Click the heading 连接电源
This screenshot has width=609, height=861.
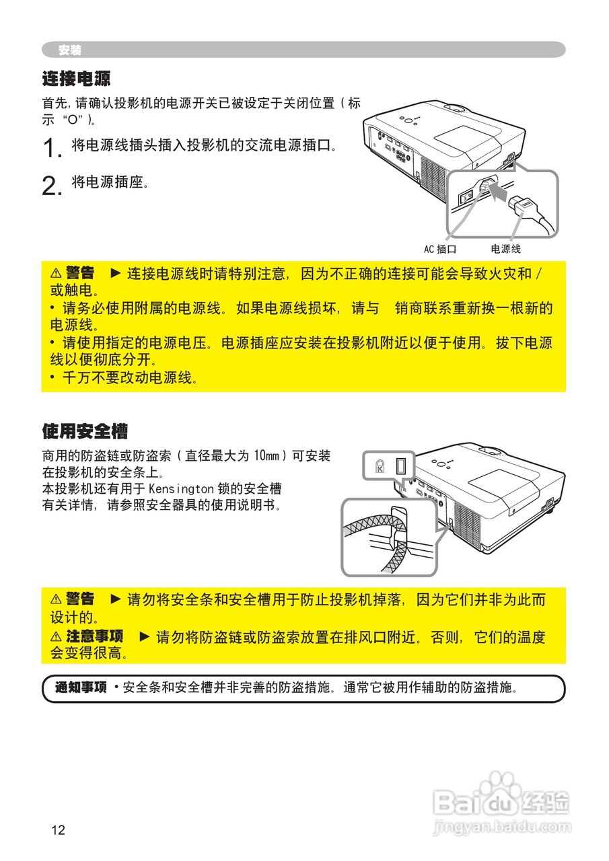coord(76,79)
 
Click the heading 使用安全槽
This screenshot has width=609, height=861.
coord(85,430)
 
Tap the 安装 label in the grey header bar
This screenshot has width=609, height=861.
coord(69,50)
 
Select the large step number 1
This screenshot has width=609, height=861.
coord(52,149)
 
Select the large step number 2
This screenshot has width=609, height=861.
coord(52,185)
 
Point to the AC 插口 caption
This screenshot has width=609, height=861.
coord(440,250)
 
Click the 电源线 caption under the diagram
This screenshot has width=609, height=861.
coord(505,250)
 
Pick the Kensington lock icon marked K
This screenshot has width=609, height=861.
coord(380,465)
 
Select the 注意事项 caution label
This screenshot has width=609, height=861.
coord(94,636)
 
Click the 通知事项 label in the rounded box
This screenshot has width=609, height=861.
coord(81,688)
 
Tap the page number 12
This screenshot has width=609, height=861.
coord(58,830)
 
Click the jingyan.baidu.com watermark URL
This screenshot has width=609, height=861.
coord(503,826)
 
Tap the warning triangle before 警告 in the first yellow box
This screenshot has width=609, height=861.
coord(56,273)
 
